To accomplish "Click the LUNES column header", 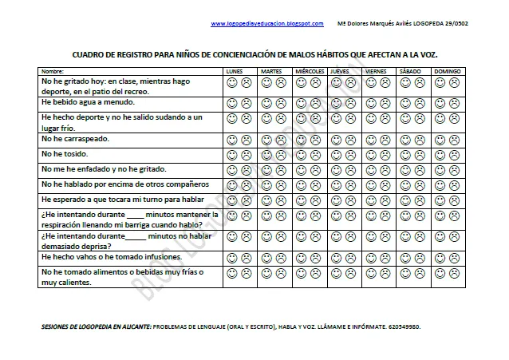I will pyautogui.click(x=235, y=72).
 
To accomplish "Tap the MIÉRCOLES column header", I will pyautogui.click(x=310, y=72).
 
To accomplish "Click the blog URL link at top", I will pyautogui.click(x=267, y=23).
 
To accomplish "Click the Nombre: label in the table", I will pyautogui.click(x=52, y=72).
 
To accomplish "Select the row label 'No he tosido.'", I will pyautogui.click(x=65, y=153).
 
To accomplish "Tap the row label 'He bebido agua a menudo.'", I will pyautogui.click(x=89, y=102).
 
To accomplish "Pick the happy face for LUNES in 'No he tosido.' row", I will pyautogui.click(x=230, y=154).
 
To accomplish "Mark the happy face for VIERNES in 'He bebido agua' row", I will pyautogui.click(x=369, y=103).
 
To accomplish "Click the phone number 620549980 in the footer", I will pyautogui.click(x=405, y=327).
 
